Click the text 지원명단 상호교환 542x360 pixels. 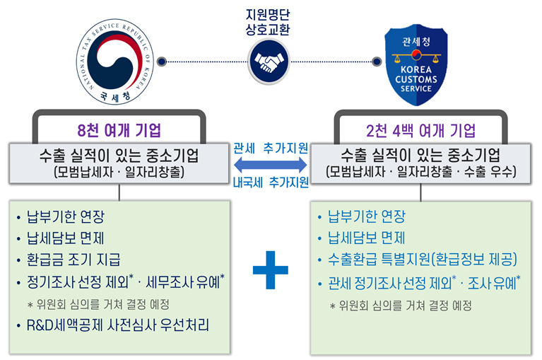click(x=270, y=21)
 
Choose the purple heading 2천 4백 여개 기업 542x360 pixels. click(x=421, y=131)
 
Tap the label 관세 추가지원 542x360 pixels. click(x=271, y=149)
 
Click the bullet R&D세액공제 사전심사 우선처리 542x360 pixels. click(x=119, y=326)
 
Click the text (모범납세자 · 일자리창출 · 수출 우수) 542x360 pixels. click(x=421, y=171)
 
